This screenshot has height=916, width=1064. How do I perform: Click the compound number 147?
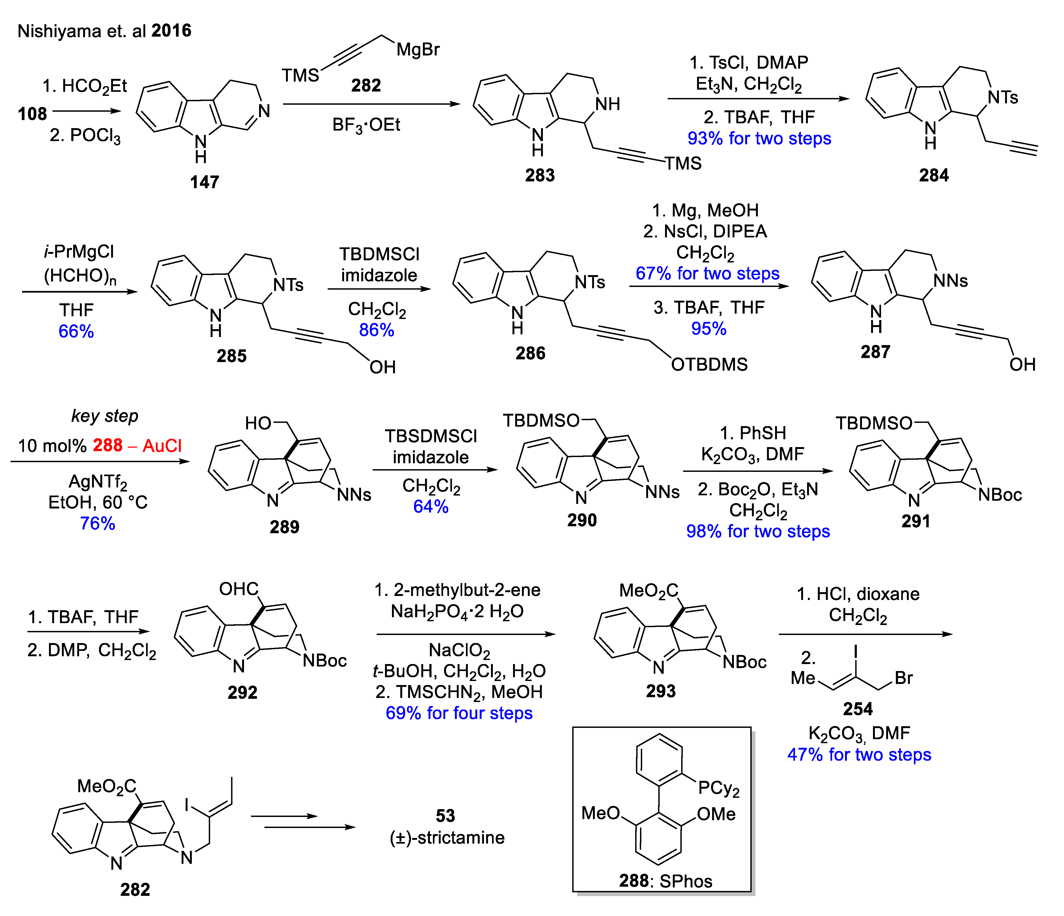[x=204, y=182]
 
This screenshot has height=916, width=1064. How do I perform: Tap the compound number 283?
[x=540, y=175]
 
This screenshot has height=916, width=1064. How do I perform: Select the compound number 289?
[x=284, y=527]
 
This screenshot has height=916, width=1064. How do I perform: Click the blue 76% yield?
[x=98, y=523]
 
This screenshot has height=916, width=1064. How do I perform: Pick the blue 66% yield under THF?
[x=76, y=331]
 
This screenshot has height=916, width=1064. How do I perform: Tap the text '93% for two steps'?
[x=759, y=138]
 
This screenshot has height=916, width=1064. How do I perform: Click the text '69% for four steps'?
[x=459, y=713]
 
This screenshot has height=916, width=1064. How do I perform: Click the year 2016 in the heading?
[x=172, y=31]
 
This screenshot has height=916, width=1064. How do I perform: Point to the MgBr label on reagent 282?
[x=418, y=49]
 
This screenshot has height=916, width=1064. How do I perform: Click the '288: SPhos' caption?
[x=666, y=881]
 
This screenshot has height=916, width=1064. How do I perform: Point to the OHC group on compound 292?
[x=239, y=589]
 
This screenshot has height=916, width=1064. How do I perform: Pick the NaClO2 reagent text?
[x=459, y=650]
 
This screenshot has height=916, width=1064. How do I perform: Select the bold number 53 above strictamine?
[x=445, y=815]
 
